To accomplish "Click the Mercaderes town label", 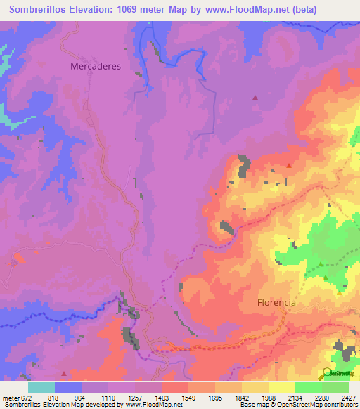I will coord(96,66).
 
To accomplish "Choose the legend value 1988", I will coord(268,398).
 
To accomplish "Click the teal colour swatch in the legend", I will coord(41,387).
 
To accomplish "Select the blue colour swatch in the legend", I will coord(68,387).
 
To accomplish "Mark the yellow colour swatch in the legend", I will coord(282,387).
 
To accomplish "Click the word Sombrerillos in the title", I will coord(40,10).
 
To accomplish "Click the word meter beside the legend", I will coord(9,398).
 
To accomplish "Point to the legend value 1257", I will coord(138,398).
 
